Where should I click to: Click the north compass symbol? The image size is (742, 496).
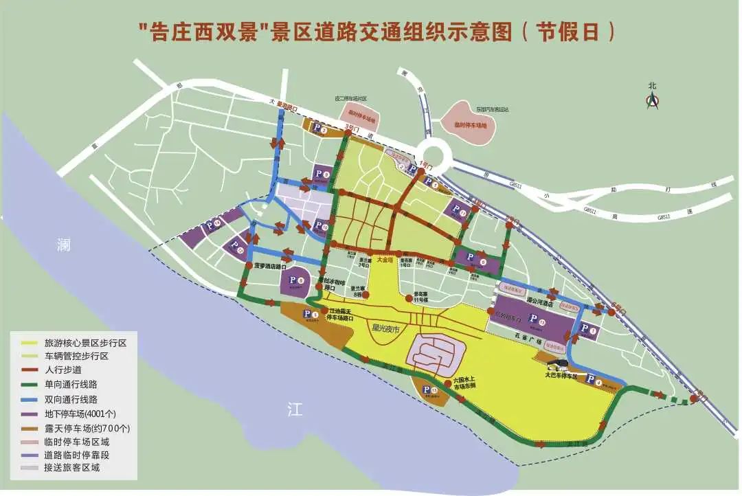tap(652, 102)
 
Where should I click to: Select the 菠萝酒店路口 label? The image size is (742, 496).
tap(269, 264)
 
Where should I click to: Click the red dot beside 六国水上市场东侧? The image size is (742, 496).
tap(449, 381)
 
